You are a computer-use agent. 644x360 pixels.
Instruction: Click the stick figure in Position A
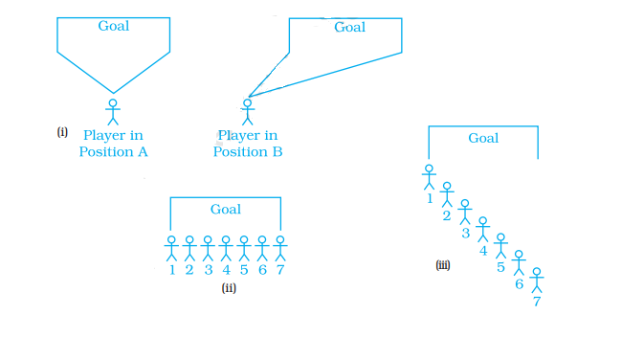pos(113,111)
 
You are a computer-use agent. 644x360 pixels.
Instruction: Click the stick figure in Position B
pos(248,111)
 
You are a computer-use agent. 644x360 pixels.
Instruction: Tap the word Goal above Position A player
pos(114,26)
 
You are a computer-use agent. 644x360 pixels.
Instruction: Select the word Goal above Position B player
pos(349,28)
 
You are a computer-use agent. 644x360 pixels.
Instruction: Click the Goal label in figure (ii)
pos(226,209)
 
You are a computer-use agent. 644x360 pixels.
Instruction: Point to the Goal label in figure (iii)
pos(483,138)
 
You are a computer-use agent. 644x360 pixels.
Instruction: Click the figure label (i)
pos(62,132)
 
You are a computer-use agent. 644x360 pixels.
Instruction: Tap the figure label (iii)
pos(443,265)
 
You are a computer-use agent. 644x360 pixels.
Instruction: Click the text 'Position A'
pos(113,151)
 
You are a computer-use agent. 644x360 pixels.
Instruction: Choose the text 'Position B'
pos(248,151)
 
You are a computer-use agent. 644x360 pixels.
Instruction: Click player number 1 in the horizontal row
pos(171,249)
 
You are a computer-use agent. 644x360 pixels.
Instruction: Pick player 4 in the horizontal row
pos(226,249)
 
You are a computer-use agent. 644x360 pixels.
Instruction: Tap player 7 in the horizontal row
pos(280,249)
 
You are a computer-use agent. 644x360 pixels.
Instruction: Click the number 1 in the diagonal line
pos(429,199)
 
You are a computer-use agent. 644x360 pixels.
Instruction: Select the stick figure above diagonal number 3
pos(465,212)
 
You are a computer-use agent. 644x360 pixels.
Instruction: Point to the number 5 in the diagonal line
pos(500,266)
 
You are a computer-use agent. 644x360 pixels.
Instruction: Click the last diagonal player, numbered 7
pos(537,281)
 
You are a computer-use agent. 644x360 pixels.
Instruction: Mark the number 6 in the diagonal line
pos(519,283)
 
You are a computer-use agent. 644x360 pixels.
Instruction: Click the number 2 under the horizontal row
pos(189,270)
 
